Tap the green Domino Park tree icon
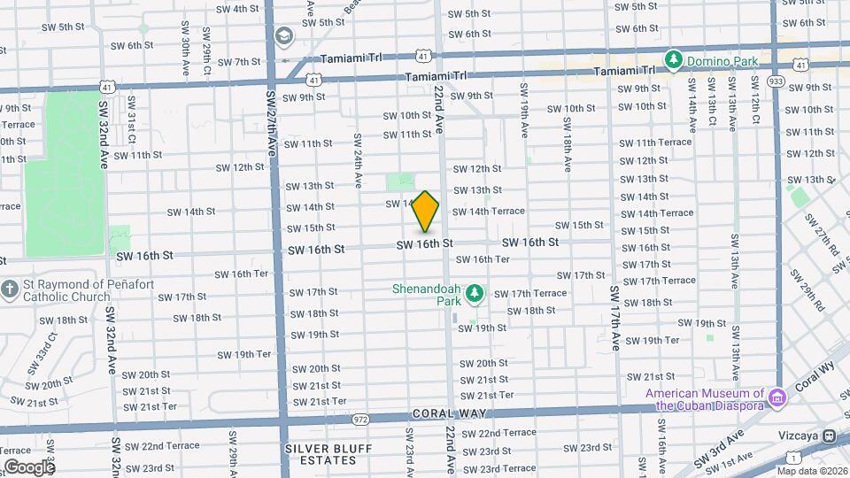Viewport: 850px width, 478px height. pyautogui.click(x=674, y=59)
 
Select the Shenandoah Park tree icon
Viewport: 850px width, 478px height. pyautogui.click(x=474, y=292)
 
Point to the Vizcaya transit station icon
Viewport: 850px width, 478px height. pyautogui.click(x=831, y=436)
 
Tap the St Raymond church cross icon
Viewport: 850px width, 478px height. pyautogui.click(x=9, y=289)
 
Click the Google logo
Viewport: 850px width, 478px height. pyautogui.click(x=28, y=466)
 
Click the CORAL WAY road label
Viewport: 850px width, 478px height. pyautogui.click(x=446, y=414)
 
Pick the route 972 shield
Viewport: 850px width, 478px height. pyautogui.click(x=359, y=418)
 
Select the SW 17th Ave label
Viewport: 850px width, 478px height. pyautogui.click(x=614, y=319)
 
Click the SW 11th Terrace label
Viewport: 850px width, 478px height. pyautogui.click(x=655, y=142)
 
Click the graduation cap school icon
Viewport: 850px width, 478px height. pyautogui.click(x=284, y=36)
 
